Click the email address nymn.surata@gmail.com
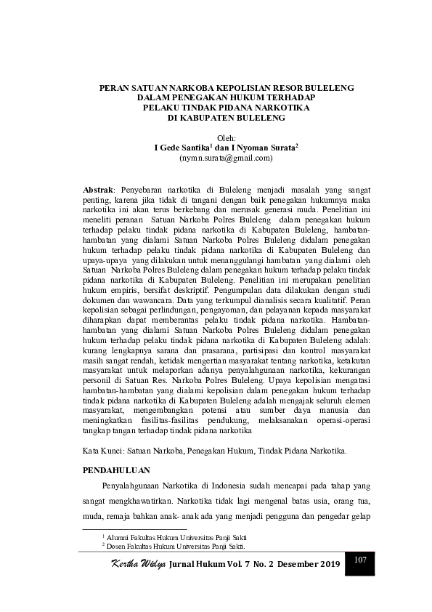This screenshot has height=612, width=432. (x=226, y=157)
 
